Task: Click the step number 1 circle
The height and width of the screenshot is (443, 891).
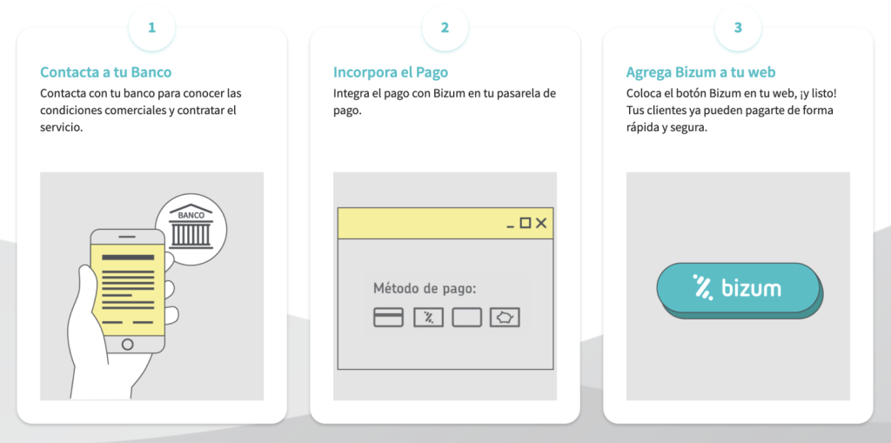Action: [x=151, y=28]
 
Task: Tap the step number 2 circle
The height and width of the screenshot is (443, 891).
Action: [x=445, y=28]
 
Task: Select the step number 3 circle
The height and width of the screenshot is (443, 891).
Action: [x=738, y=28]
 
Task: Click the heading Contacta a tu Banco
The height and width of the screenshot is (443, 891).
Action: [x=105, y=72]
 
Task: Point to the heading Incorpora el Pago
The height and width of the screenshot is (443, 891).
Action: [x=391, y=72]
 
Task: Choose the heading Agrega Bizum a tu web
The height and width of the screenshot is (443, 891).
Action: [x=700, y=72]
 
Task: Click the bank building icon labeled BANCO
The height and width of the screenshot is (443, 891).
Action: [x=191, y=228]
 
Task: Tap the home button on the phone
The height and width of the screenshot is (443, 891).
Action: [x=128, y=344]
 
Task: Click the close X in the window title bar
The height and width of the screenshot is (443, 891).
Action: [x=541, y=223]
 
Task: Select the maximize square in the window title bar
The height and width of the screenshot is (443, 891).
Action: [x=526, y=223]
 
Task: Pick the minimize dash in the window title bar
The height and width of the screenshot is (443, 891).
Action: [x=510, y=227]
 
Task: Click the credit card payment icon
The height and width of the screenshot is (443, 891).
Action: [x=388, y=318]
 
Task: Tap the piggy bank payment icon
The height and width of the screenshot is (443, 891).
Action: [x=505, y=318]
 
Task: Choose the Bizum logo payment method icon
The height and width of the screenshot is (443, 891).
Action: [x=428, y=318]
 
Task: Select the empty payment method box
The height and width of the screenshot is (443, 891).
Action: [x=466, y=318]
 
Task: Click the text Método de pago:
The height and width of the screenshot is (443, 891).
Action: [x=425, y=289]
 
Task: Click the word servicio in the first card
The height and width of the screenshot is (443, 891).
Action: [x=62, y=127]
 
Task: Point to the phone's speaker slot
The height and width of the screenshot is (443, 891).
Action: [x=127, y=237]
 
